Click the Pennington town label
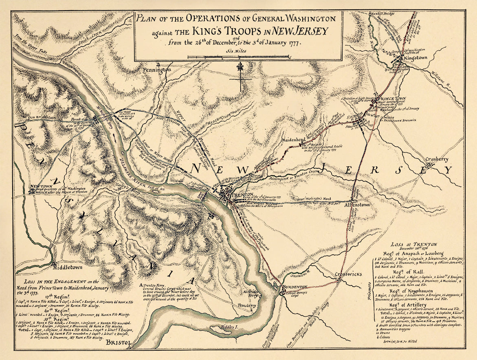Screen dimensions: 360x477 pyautogui.click(x=157, y=70)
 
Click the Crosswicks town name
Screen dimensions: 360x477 pyautogui.click(x=348, y=274)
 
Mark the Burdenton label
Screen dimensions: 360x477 pyautogui.click(x=294, y=287)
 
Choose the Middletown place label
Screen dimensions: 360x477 pyautogui.click(x=67, y=267)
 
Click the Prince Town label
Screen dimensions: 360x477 pyautogui.click(x=390, y=99)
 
